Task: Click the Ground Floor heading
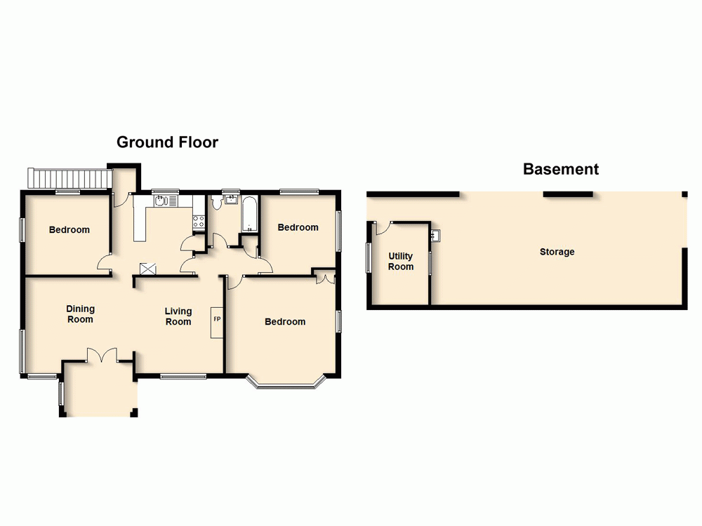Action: click(167, 142)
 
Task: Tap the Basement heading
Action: click(560, 169)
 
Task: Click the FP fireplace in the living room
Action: click(217, 321)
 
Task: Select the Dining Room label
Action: click(80, 313)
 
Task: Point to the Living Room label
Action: click(178, 316)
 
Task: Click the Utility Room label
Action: click(401, 262)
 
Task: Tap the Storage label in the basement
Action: click(557, 252)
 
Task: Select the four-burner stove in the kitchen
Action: click(199, 222)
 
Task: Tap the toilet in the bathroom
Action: click(217, 203)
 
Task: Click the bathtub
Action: click(249, 215)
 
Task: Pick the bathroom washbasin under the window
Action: click(230, 198)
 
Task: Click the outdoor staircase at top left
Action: click(69, 178)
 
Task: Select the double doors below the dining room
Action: click(102, 355)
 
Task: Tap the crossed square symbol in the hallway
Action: click(148, 269)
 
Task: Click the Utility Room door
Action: click(381, 227)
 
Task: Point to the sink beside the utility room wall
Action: click(435, 234)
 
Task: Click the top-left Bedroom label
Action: click(69, 230)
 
